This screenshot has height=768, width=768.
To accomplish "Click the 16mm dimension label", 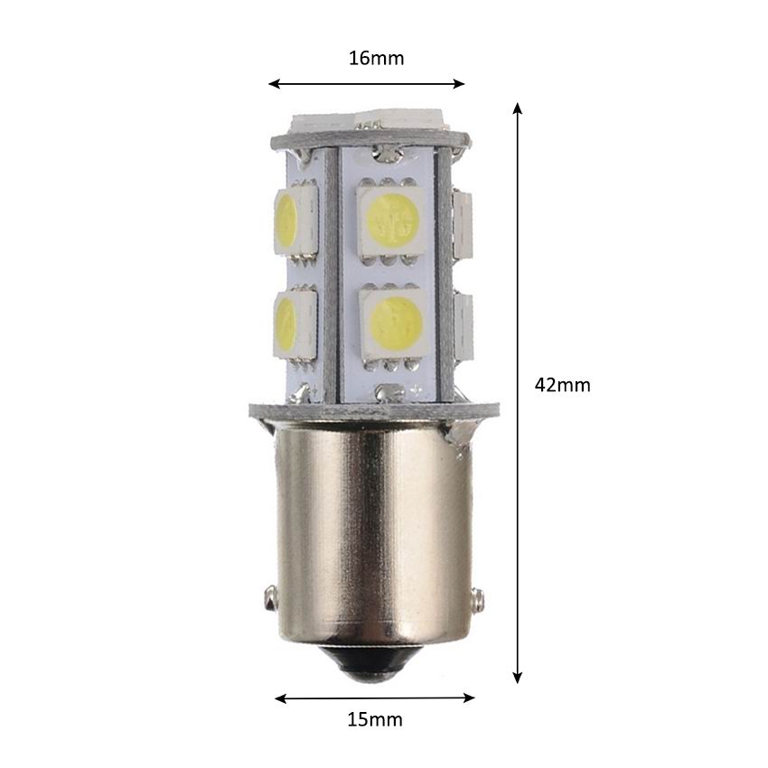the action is tap(376, 59).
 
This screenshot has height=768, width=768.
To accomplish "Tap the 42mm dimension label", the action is tap(562, 385).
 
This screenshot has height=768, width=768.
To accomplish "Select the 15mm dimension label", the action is tap(375, 719).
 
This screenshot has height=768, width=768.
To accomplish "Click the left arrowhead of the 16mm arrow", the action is tap(274, 84).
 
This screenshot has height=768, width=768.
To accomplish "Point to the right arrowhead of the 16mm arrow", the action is tap(459, 84).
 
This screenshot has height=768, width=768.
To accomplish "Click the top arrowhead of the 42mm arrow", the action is tap(517, 108).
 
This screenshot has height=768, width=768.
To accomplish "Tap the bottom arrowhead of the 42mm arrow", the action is tap(517, 678).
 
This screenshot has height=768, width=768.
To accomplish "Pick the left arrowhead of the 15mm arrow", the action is tap(280, 698).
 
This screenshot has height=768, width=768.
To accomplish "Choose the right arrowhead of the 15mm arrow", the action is tap(469, 698).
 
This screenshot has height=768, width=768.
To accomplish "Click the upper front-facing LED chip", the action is tap(391, 220).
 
